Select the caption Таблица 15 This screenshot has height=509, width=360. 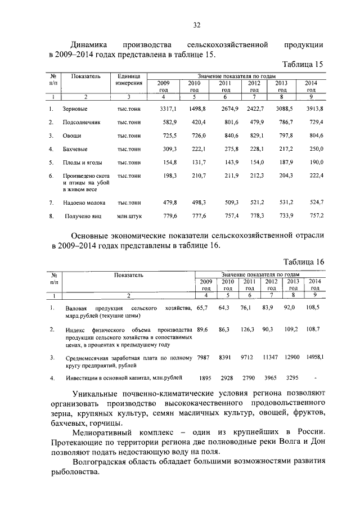303,64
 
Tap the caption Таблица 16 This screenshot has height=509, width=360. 303,262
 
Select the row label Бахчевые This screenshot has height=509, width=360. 74,150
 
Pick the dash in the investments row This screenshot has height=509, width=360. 315,378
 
